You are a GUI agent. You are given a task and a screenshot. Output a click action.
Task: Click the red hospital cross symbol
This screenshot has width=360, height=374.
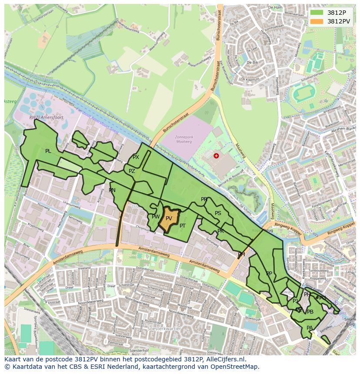tap(216, 156)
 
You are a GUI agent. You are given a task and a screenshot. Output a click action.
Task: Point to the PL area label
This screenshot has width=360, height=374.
tap(48, 151)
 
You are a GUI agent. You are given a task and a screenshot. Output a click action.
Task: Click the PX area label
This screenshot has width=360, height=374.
tap(136, 157)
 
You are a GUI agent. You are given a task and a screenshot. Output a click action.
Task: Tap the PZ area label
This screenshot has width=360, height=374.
tap(132, 171)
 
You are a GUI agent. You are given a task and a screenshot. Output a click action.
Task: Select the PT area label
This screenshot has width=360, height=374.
tap(183, 226)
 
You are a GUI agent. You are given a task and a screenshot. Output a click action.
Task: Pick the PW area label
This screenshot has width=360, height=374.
tap(156, 216)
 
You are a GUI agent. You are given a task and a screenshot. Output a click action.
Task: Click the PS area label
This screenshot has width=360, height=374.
tap(218, 213)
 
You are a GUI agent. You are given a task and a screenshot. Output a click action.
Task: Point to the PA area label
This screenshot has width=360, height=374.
tap(310, 328)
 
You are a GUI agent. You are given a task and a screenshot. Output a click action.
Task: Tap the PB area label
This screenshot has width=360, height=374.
tap(310, 312)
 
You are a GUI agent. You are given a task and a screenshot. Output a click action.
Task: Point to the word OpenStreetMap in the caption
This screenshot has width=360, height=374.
tap(237, 367)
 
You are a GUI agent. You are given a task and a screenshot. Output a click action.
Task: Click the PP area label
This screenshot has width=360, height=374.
tap(269, 274)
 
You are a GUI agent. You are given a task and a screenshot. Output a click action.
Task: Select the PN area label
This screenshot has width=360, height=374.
tap(112, 190)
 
